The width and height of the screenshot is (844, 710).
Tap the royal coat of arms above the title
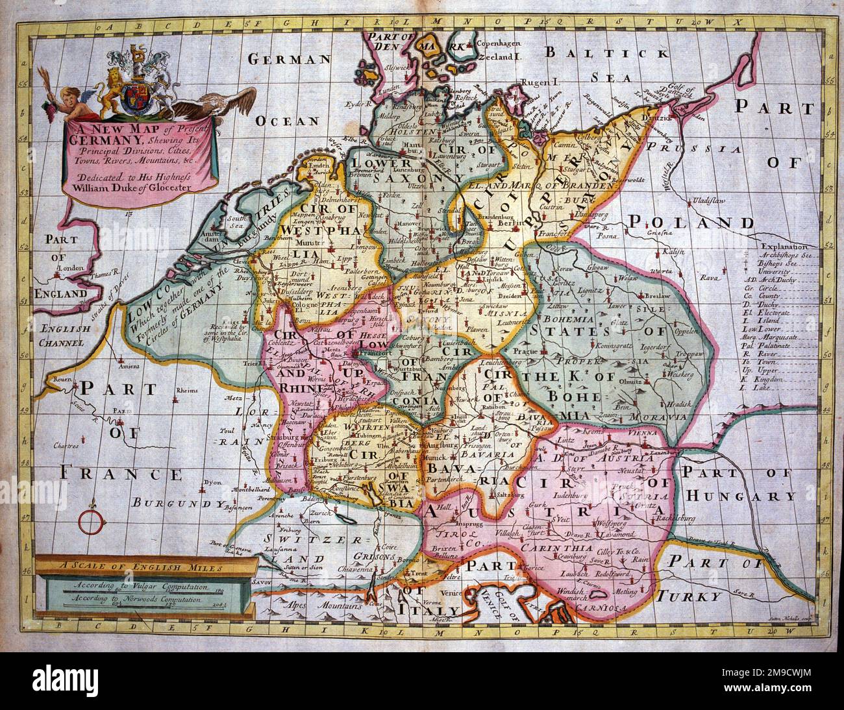point(137,85)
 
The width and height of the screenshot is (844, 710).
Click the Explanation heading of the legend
point(784,247)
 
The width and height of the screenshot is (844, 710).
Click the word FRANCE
point(121,474)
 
